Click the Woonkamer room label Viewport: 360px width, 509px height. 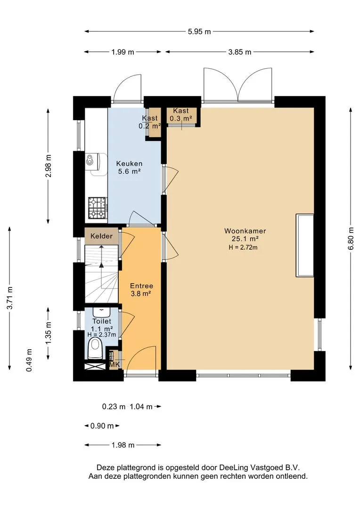[245, 231]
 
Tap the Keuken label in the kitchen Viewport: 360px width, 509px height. [129, 164]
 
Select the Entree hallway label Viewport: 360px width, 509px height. [141, 286]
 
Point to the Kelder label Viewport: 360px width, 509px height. [101, 236]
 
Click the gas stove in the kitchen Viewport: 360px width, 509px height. [98, 207]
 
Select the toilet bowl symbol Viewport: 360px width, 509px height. [95, 348]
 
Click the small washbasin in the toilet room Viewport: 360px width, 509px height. [102, 312]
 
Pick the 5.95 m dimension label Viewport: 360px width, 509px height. [199, 32]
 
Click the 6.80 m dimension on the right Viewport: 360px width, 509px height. [351, 238]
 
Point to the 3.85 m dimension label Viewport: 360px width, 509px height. [239, 52]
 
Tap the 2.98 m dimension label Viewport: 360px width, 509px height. [49, 165]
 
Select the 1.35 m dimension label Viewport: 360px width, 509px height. [49, 333]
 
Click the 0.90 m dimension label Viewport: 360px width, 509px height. [102, 426]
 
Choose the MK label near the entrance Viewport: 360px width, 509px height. [115, 365]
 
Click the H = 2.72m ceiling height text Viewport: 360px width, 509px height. [243, 248]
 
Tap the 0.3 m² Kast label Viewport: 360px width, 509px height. [181, 118]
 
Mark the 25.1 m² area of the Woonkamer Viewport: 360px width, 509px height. [245, 239]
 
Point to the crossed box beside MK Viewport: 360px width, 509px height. [96, 366]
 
